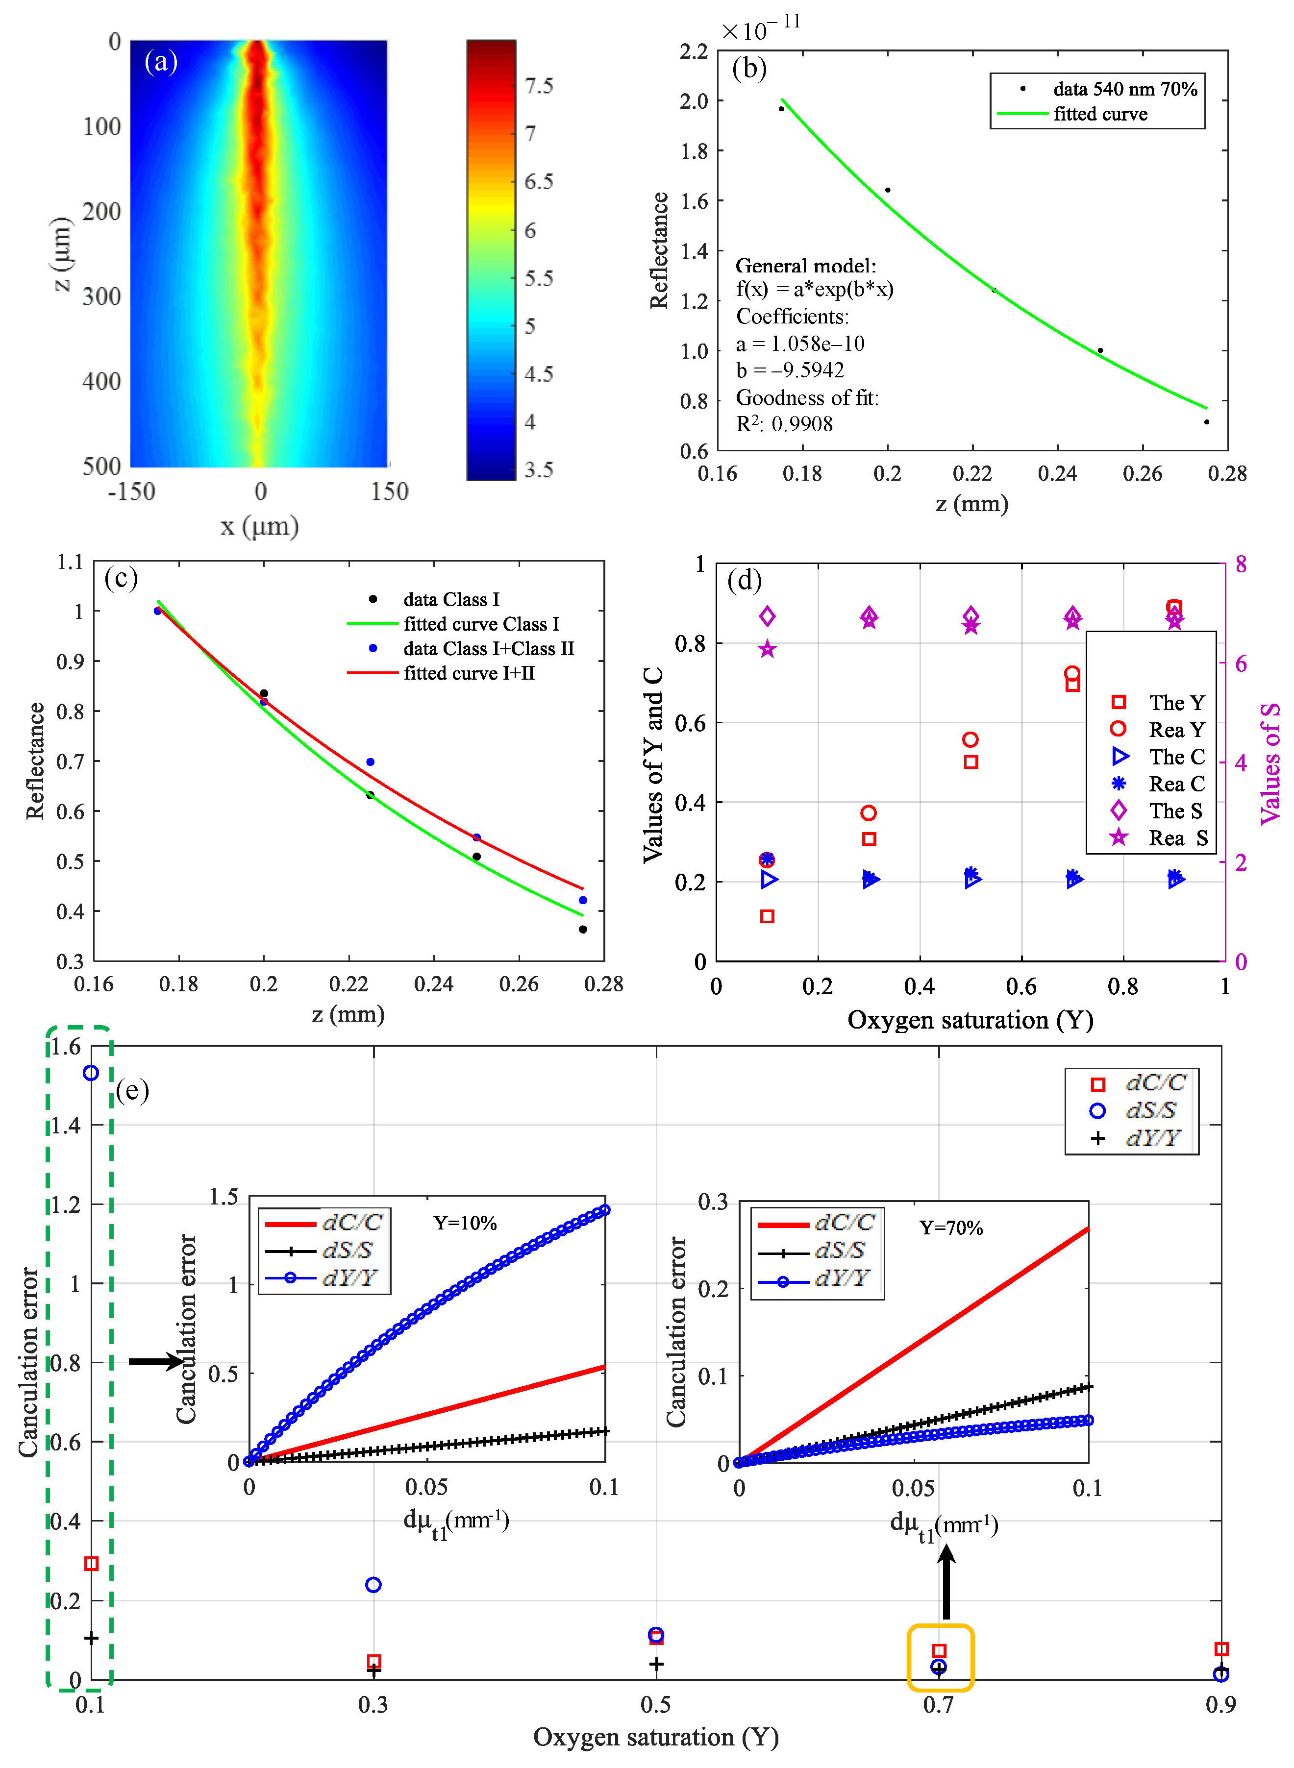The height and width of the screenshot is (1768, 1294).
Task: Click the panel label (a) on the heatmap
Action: (x=161, y=61)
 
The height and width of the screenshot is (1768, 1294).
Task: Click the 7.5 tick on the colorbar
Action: (x=538, y=85)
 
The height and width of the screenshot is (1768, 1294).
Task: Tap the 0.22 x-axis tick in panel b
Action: (x=972, y=473)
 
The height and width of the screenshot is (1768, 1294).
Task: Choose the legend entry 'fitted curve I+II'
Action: (x=469, y=673)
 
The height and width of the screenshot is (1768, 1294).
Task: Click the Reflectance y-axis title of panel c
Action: (x=35, y=761)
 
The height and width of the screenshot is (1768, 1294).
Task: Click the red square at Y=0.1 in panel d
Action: (x=767, y=916)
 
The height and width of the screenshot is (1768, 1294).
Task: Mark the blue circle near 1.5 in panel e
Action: (x=91, y=1073)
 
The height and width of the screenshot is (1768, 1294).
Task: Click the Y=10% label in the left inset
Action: (x=465, y=1223)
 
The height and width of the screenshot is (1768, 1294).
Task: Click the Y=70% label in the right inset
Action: (x=951, y=1228)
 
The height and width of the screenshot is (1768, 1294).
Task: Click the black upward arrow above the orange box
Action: (x=946, y=1582)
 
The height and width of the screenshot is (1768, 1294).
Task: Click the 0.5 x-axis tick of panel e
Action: (x=656, y=1705)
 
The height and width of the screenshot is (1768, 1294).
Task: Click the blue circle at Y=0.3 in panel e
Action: (x=373, y=1585)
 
